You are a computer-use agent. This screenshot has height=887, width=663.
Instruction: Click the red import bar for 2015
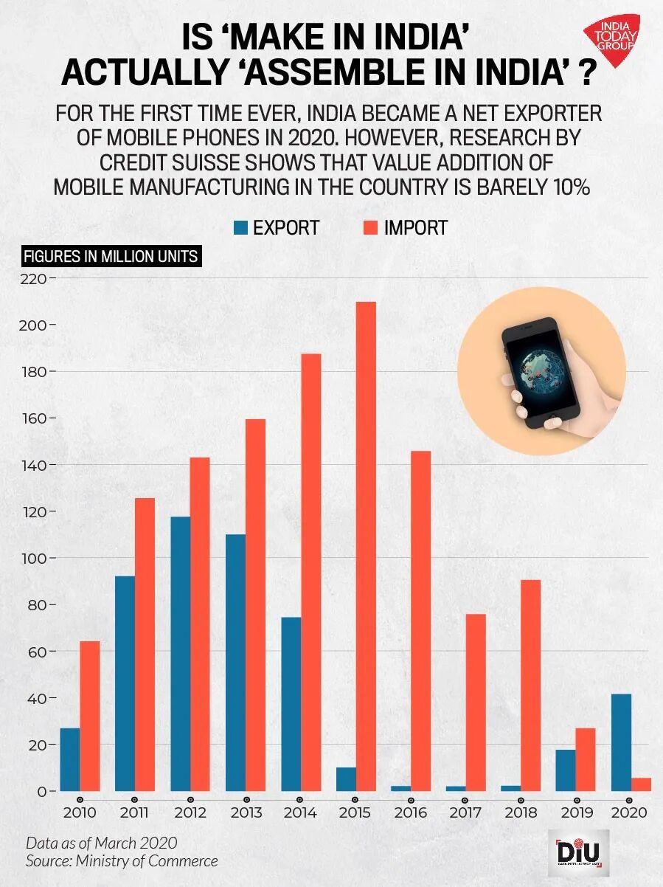click(x=366, y=546)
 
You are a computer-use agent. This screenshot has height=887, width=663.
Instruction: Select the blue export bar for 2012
click(x=181, y=654)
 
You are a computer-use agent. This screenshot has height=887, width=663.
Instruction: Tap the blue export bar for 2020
click(x=622, y=742)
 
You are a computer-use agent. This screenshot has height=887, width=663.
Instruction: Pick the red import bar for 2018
click(x=531, y=686)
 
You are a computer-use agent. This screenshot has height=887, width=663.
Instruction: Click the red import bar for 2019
click(x=586, y=759)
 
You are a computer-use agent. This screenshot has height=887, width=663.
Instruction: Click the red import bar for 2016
click(x=420, y=621)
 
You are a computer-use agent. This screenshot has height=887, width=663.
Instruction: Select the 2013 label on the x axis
click(x=246, y=812)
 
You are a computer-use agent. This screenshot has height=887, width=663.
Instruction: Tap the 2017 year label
click(x=465, y=812)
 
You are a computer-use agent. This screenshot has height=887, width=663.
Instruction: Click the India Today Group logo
click(x=611, y=36)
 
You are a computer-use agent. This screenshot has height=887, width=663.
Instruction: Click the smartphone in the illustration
click(x=541, y=373)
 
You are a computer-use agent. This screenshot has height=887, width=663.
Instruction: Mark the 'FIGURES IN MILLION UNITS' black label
click(x=111, y=257)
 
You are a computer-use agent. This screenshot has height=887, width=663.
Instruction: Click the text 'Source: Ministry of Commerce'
click(x=122, y=860)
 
